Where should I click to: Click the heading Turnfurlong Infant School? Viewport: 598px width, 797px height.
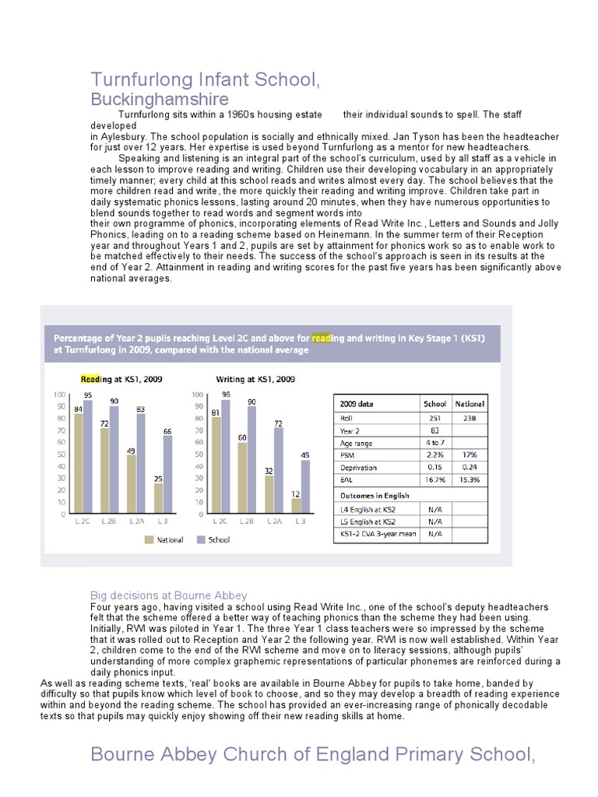click(205, 79)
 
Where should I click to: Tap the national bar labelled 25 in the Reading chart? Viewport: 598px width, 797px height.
click(159, 498)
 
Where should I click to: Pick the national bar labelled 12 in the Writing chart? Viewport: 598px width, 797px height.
click(297, 506)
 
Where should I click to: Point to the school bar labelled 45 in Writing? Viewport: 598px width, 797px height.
click(306, 486)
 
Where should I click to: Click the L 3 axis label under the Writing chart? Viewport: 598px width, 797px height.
click(301, 521)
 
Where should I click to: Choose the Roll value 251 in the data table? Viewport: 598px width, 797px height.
click(434, 418)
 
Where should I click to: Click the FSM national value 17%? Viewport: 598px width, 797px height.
click(469, 455)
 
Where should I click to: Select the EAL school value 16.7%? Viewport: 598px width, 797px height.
click(434, 480)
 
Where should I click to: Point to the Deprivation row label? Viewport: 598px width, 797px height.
click(358, 468)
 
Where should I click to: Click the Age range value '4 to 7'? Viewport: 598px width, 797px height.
click(434, 443)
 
